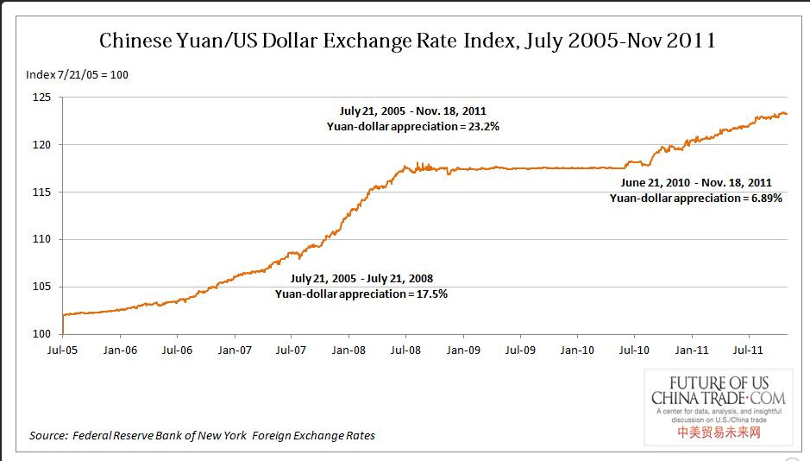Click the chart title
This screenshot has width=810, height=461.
[x=407, y=40]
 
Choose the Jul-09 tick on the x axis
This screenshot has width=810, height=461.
[x=520, y=350]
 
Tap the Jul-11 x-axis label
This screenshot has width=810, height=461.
[x=748, y=350]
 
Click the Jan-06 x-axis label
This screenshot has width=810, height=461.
[x=120, y=350]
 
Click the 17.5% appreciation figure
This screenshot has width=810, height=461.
[x=431, y=294]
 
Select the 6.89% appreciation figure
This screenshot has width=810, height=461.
[x=766, y=198]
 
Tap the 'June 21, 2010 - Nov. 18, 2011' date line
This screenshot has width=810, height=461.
[x=696, y=183]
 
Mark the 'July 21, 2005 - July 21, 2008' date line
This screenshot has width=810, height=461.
[x=361, y=279]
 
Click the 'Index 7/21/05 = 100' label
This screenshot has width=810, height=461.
[x=78, y=74]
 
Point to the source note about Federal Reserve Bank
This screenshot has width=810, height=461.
[x=202, y=435]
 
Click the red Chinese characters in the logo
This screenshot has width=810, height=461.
[x=719, y=432]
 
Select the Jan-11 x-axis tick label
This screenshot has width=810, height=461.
[x=691, y=350]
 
